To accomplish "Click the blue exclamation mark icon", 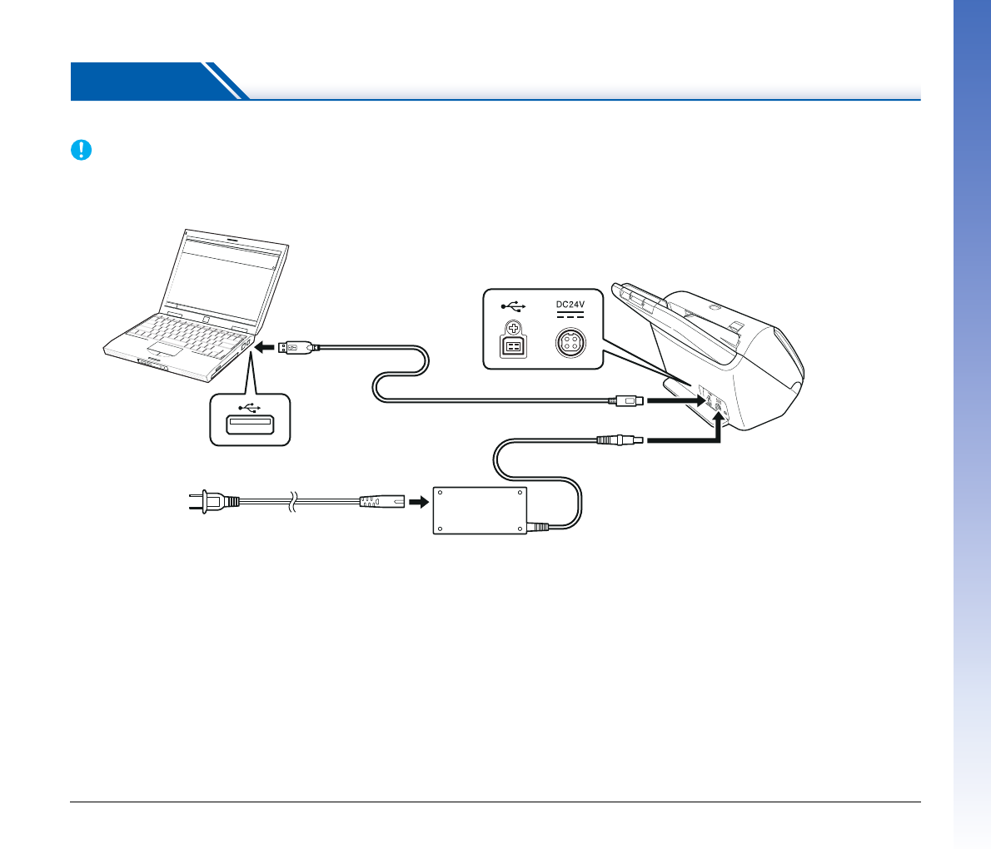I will click(80, 150).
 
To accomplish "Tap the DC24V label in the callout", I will click(570, 305).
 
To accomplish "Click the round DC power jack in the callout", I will click(570, 343).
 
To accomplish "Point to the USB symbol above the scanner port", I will click(514, 305).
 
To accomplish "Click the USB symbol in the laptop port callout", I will click(249, 407).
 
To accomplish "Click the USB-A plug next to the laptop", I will click(296, 347).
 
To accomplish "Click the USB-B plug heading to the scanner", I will click(627, 401).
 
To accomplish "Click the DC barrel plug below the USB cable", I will click(620, 439).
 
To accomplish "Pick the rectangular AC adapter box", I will click(480, 511).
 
